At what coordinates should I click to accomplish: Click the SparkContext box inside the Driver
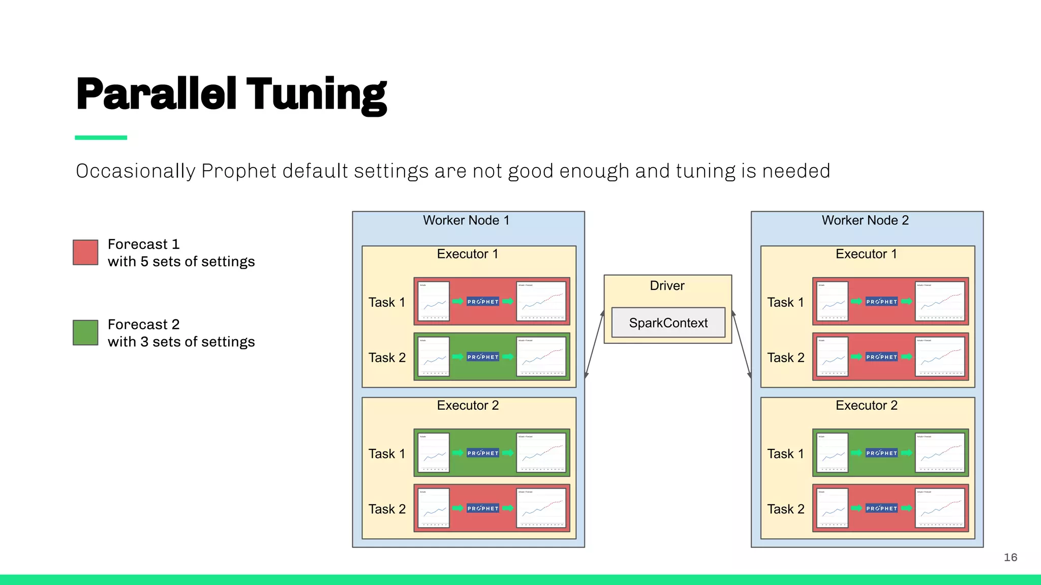point(668,322)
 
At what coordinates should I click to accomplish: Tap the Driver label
point(667,285)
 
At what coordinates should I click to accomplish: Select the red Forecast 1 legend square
point(85,252)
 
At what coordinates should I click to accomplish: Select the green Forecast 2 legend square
point(85,333)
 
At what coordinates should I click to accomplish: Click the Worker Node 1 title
point(466,220)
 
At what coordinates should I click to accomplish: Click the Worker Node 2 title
point(865,220)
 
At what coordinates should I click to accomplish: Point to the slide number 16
point(1010,558)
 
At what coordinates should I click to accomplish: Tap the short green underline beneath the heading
point(101,138)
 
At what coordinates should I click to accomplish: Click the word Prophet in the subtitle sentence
point(239,171)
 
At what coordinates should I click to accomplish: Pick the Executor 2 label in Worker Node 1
point(468,405)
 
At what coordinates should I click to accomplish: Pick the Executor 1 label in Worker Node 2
point(866,254)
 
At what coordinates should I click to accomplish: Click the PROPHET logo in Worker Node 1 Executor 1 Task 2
point(483,357)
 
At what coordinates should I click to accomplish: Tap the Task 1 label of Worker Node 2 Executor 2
point(785,453)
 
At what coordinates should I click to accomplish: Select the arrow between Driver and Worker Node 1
point(594,344)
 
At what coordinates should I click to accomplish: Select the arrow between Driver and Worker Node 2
point(742,344)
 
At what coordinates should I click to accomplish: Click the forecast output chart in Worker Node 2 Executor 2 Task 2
point(939,508)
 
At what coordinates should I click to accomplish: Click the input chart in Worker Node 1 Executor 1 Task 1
point(434,301)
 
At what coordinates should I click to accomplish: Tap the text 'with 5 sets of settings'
point(181,262)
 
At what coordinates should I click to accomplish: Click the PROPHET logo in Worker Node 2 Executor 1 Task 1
point(881,302)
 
